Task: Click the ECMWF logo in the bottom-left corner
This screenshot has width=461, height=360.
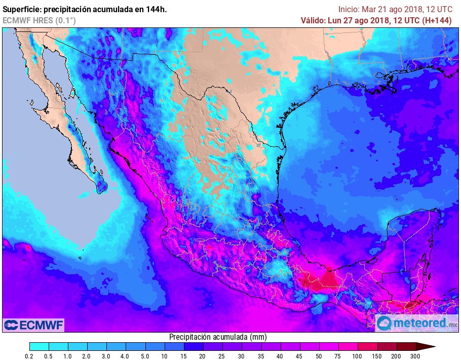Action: tap(33, 325)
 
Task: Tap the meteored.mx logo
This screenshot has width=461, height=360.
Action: tap(416, 322)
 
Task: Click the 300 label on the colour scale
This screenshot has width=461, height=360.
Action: tap(416, 356)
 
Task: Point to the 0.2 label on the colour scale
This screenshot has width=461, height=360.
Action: tap(30, 356)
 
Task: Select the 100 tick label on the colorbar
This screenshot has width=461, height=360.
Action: tap(358, 356)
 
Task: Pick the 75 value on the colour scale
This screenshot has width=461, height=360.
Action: tap(338, 356)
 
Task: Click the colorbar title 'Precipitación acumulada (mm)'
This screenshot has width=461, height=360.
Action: tap(218, 337)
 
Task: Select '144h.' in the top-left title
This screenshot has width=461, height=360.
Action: tap(156, 9)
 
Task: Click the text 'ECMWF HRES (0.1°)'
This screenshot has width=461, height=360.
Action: tap(40, 20)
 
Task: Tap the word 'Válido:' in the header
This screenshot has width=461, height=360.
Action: tap(315, 20)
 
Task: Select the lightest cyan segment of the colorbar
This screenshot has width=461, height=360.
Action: tap(39, 347)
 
